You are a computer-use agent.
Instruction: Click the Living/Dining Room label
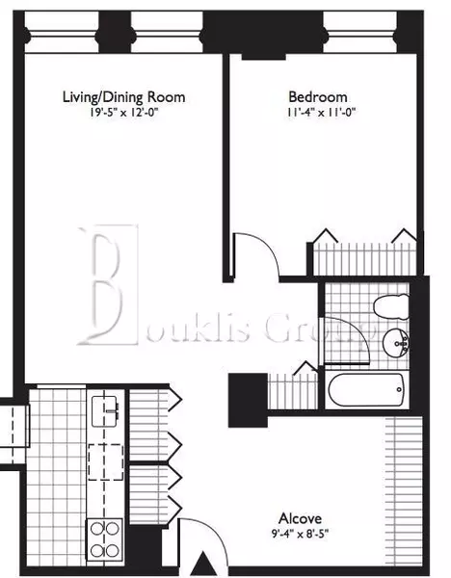[123, 97]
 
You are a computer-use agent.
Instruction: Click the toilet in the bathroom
[396, 309]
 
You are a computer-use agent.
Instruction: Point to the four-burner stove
[104, 538]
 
